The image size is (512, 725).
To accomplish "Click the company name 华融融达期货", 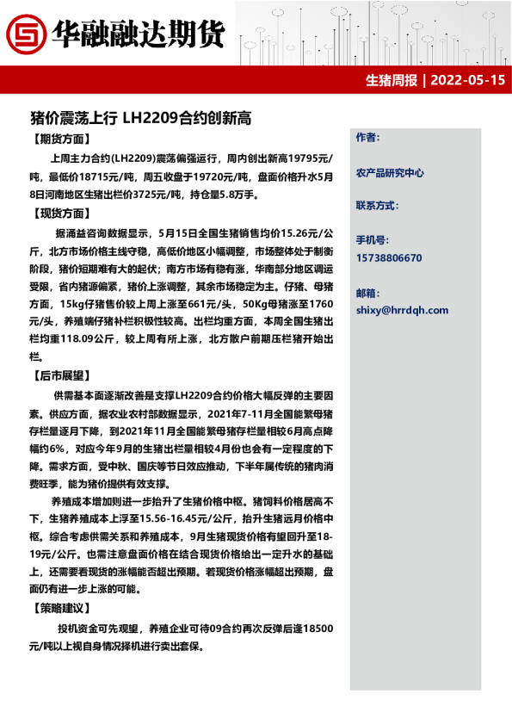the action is tap(138, 34).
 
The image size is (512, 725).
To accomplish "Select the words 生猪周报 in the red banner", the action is tap(392, 81).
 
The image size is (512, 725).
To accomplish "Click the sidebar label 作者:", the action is tap(367, 138).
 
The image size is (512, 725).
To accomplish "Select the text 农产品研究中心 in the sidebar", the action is tap(390, 172).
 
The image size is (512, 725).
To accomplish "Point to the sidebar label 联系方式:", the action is tap(378, 206).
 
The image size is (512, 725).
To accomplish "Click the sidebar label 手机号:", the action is tap(372, 241).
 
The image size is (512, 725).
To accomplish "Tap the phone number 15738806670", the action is tap(389, 257).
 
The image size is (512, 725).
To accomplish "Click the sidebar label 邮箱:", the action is tap(367, 293).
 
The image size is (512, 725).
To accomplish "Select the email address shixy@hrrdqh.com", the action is tap(402, 310).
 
